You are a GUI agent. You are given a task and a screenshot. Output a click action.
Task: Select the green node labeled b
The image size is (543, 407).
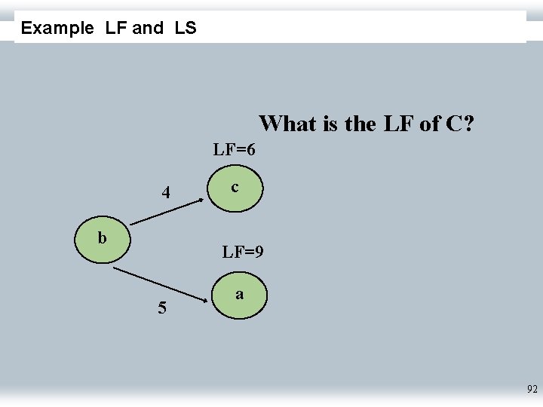[103, 239]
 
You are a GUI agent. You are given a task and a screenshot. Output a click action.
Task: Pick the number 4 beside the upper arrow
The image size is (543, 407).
[167, 193]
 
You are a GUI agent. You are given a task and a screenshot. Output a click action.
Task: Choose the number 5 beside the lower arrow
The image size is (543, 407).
[162, 308]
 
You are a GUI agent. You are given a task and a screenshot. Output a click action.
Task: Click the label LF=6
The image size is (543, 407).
[234, 149]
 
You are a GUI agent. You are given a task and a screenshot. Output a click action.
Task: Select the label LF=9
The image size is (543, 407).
[242, 252]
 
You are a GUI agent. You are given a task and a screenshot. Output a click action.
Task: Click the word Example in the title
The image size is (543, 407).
[57, 29]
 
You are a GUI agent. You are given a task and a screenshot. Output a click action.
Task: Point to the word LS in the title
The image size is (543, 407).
[185, 29]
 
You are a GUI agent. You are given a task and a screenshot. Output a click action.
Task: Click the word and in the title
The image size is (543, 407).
[147, 29]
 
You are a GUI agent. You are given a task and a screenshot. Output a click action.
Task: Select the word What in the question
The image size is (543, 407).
[288, 123]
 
